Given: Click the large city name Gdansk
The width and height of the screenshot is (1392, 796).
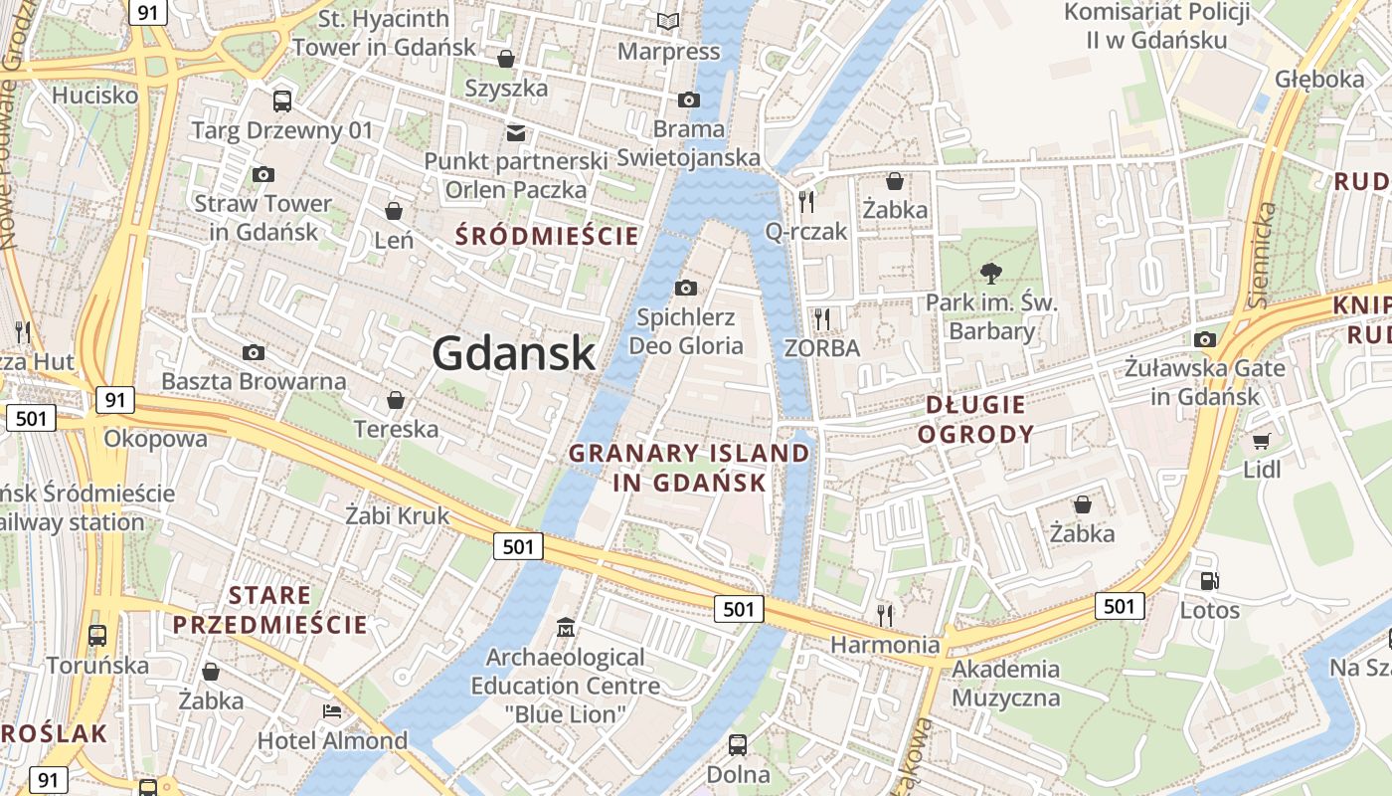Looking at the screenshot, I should click(514, 353).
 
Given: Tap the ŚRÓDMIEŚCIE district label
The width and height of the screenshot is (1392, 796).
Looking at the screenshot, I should click(547, 236).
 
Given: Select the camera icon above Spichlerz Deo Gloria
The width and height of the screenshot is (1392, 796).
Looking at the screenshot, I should click(686, 289).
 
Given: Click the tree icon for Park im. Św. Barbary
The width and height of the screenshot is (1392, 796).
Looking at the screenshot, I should click(990, 272).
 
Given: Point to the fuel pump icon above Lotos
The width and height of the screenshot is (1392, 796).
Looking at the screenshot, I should click(1210, 581).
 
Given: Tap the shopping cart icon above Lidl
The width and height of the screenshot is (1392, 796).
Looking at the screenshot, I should click(1262, 441).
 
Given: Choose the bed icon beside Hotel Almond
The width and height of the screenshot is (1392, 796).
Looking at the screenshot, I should click(332, 711).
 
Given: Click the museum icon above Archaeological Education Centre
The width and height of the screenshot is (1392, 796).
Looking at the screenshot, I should click(566, 628).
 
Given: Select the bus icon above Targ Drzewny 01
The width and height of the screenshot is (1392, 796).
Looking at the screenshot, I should click(282, 100).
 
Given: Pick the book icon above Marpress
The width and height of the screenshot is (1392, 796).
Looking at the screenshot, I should click(668, 21).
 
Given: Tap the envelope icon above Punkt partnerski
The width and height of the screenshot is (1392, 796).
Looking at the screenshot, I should click(516, 132).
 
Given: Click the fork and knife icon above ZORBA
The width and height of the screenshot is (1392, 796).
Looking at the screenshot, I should click(821, 318).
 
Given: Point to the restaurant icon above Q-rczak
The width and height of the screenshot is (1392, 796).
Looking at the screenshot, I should click(806, 202).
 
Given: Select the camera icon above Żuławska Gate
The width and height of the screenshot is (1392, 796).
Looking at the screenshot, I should click(1205, 339).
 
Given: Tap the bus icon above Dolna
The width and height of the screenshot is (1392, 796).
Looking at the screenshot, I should click(738, 744).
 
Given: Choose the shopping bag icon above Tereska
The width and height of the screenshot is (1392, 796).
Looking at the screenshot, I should click(396, 400).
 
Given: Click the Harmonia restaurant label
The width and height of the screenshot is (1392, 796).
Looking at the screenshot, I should click(885, 645).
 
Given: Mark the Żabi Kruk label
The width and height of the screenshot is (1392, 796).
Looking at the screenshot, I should click(398, 516).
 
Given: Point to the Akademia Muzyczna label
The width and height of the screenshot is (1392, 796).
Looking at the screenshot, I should click(1006, 683).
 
